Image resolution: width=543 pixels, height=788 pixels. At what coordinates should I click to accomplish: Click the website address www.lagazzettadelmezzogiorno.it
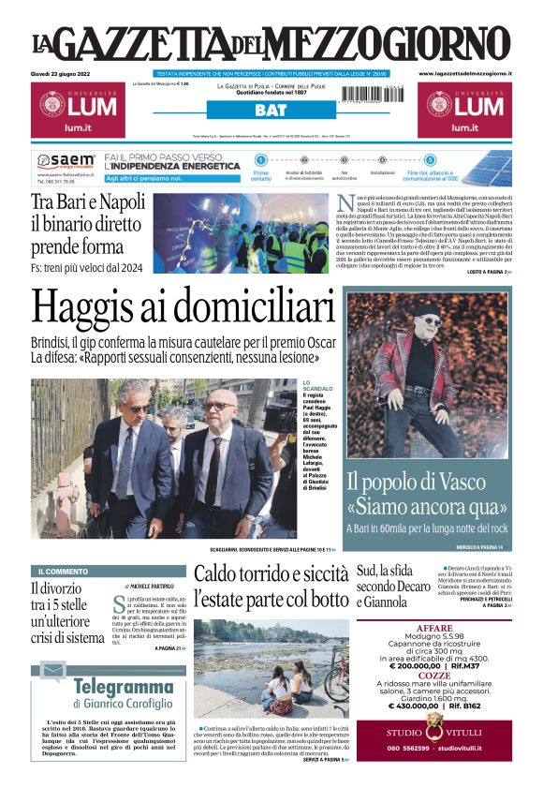point(464,73)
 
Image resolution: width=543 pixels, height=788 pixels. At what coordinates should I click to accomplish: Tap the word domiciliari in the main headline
point(253,310)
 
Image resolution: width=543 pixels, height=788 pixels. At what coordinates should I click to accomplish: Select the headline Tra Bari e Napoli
point(88,201)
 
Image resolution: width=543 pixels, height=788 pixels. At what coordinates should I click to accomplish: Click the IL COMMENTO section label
point(64,571)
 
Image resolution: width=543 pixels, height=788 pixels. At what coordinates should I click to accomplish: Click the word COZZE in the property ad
point(433,675)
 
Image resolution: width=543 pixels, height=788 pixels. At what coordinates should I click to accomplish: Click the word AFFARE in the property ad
point(433,628)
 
